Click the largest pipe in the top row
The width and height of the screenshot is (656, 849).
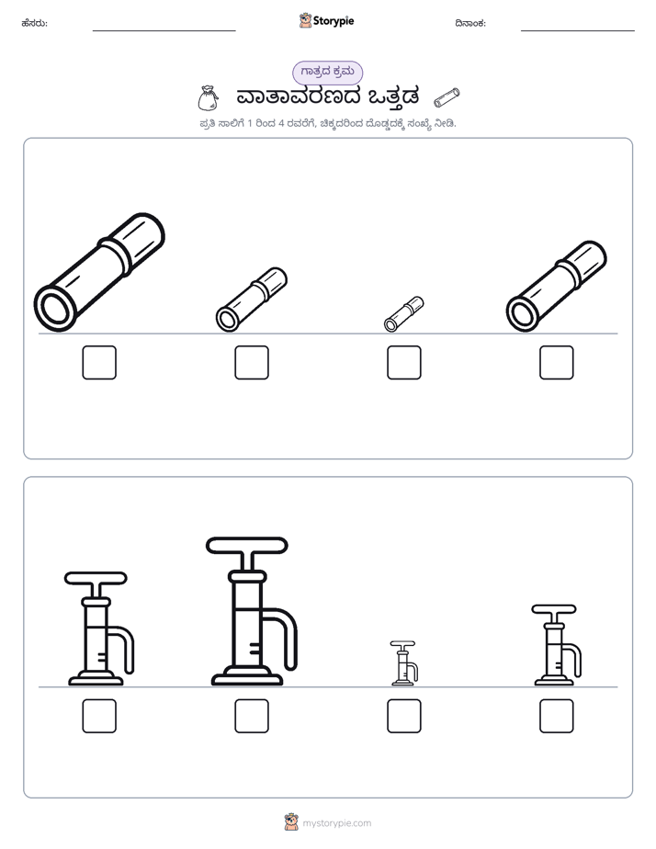click(x=99, y=272)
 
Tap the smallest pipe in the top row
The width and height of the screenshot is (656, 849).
click(x=403, y=313)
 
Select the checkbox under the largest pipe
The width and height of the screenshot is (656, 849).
click(x=99, y=362)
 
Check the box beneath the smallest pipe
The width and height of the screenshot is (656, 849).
click(x=403, y=362)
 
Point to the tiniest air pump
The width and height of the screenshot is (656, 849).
click(x=403, y=663)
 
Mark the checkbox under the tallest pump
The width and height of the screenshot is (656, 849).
click(x=252, y=716)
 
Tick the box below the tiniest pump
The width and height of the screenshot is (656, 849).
click(x=403, y=716)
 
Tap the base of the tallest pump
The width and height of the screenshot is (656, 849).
click(x=247, y=676)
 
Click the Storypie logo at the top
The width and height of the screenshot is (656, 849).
click(x=327, y=20)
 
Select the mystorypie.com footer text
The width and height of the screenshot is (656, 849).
click(x=336, y=823)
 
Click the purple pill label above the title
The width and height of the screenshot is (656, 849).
click(x=327, y=72)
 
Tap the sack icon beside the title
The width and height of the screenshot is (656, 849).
click(x=208, y=98)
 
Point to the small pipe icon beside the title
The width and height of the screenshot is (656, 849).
click(x=447, y=97)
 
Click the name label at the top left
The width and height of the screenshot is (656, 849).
click(x=35, y=23)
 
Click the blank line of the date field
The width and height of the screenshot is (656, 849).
click(x=578, y=31)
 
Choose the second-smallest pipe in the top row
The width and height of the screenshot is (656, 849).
click(x=252, y=299)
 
